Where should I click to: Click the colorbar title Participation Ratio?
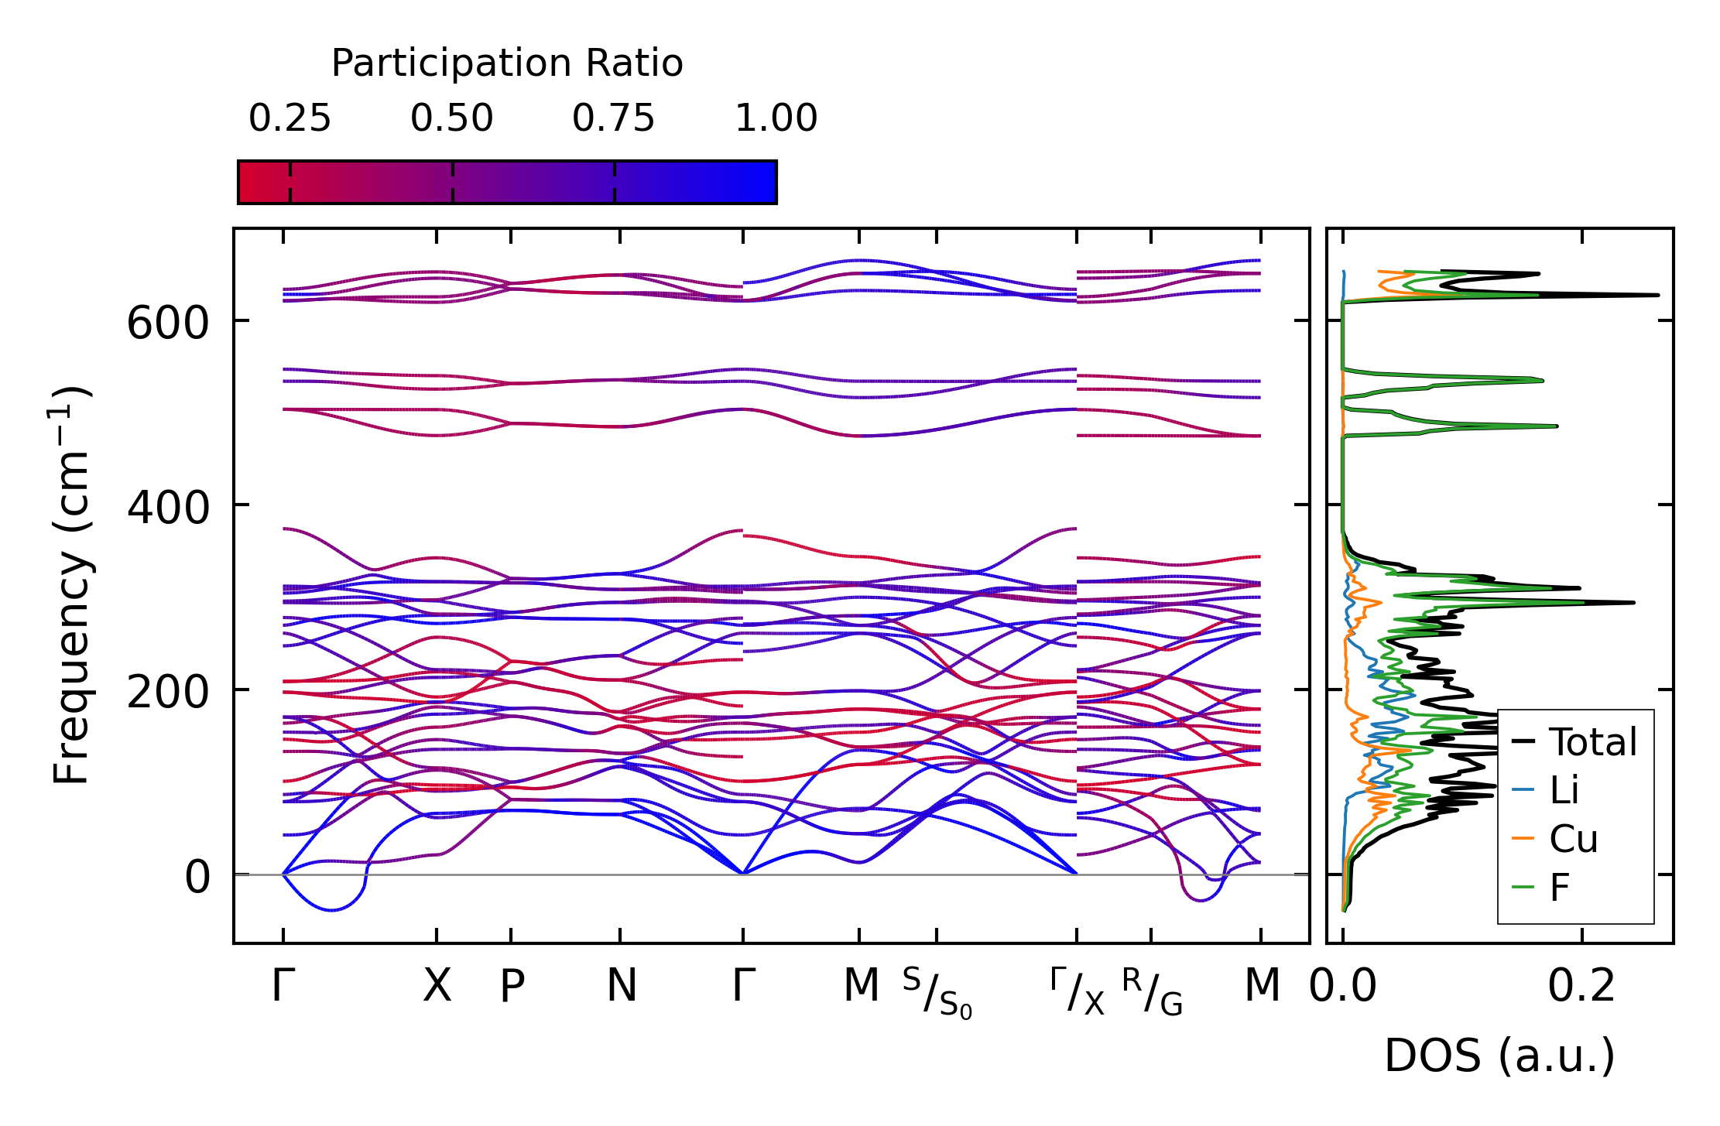tap(507, 63)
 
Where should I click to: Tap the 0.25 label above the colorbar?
tap(290, 119)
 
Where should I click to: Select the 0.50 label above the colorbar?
tap(451, 119)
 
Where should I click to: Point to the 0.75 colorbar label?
tap(613, 119)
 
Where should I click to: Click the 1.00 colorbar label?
tap(776, 119)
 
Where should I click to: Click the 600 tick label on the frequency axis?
tap(168, 323)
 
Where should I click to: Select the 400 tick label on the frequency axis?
tap(168, 508)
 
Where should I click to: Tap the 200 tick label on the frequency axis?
tap(168, 692)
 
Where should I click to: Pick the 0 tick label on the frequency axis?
tap(197, 878)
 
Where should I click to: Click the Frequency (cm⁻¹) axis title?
tap(72, 585)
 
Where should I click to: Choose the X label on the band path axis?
tap(437, 986)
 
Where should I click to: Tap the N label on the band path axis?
tap(622, 986)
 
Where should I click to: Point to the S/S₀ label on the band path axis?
tap(937, 993)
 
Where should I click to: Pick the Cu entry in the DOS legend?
tap(1573, 839)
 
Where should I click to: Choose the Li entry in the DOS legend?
tap(1564, 790)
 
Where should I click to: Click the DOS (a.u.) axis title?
tap(1499, 1056)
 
